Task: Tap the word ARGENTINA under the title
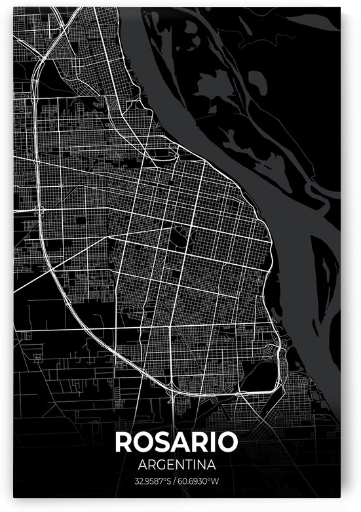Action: (x=176, y=465)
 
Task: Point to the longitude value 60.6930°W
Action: (x=201, y=482)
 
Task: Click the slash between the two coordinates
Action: (x=176, y=482)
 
